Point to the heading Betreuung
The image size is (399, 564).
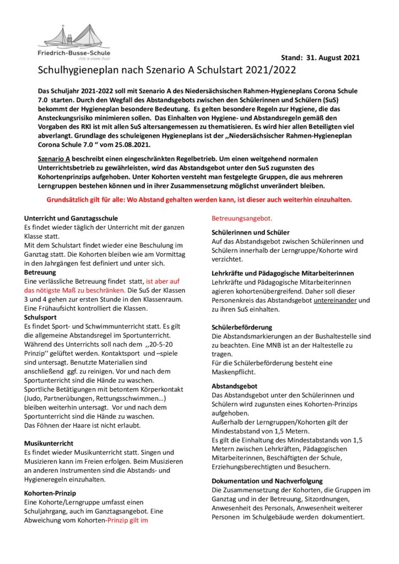coord(40,272)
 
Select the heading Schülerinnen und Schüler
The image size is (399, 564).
coord(251,232)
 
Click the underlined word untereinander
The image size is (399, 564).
coord(336,300)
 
